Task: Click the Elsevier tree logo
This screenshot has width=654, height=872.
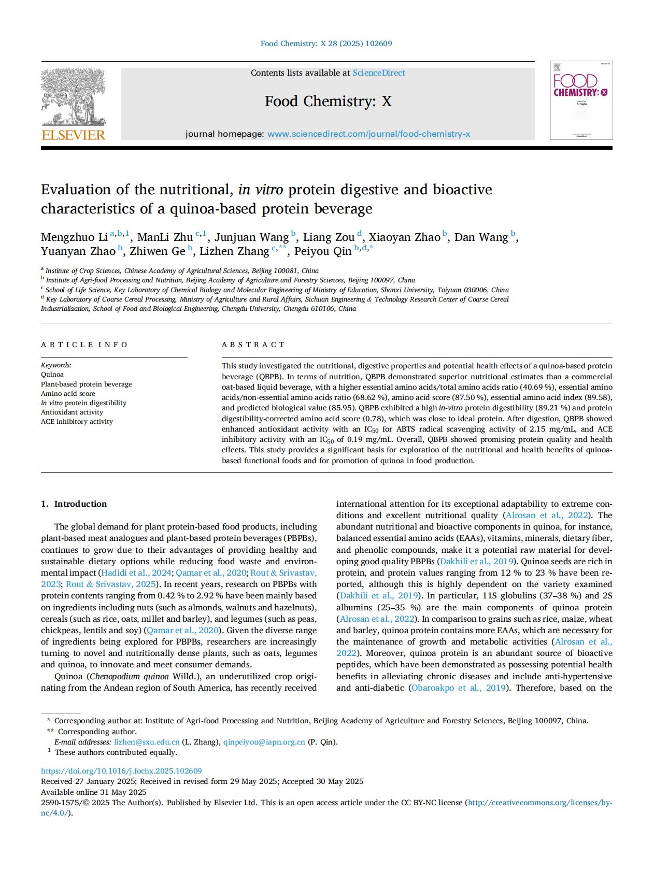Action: click(73, 98)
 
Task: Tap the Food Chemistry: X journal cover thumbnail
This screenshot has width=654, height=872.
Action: click(581, 100)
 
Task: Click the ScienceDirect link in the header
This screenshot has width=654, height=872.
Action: click(379, 73)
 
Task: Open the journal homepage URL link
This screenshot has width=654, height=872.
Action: click(368, 134)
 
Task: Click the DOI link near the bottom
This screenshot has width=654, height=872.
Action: click(121, 771)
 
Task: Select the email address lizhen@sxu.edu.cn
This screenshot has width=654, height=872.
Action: click(147, 742)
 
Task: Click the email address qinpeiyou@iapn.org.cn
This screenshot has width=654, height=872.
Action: click(264, 742)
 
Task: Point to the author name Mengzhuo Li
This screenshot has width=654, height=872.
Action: click(74, 237)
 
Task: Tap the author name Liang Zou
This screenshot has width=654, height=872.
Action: click(329, 237)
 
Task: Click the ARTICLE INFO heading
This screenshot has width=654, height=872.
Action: click(84, 345)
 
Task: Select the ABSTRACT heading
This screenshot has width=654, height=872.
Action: click(253, 345)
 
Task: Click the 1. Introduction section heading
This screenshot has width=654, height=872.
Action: click(74, 504)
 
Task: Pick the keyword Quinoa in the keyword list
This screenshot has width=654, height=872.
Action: click(52, 375)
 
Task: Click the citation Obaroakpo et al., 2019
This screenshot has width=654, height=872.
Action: click(458, 688)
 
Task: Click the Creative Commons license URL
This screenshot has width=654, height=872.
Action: click(539, 803)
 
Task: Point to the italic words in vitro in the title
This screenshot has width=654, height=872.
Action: click(260, 190)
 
